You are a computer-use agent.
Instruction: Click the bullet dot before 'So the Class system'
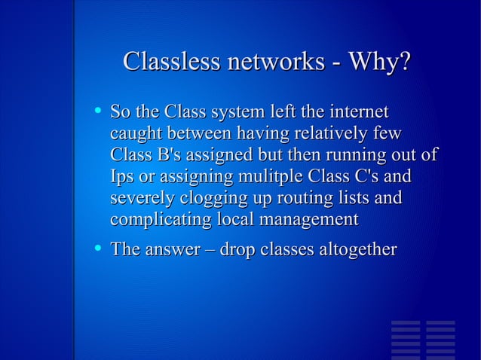97,111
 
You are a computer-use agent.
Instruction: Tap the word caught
134,135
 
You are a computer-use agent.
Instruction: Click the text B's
170,156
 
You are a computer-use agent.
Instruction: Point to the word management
308,221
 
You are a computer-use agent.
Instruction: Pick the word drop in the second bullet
236,249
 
